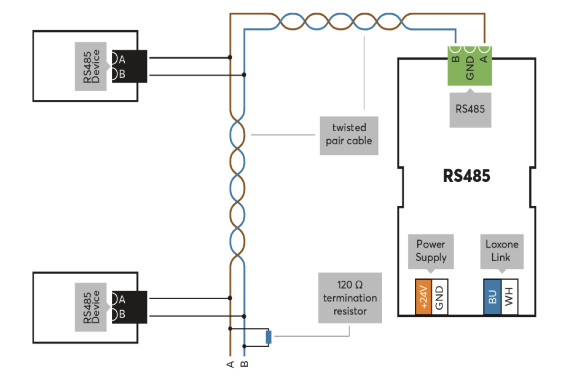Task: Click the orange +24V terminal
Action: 423,297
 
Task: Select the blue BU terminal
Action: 492,297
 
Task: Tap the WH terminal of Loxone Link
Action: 509,297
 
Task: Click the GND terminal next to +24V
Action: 440,297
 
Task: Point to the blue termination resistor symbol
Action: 268,337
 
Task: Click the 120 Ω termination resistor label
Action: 350,298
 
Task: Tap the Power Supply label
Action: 431,251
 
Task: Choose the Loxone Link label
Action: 502,251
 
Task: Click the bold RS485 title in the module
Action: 467,176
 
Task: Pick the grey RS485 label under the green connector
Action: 470,110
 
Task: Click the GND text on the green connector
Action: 470,68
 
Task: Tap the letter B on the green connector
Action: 456,59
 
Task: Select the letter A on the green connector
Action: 484,59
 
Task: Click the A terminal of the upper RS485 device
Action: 122,59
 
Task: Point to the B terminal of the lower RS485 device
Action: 122,314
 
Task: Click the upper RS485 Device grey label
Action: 91,66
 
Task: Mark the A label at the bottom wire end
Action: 230,364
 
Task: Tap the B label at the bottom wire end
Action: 244,364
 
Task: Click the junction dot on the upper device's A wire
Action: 230,57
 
